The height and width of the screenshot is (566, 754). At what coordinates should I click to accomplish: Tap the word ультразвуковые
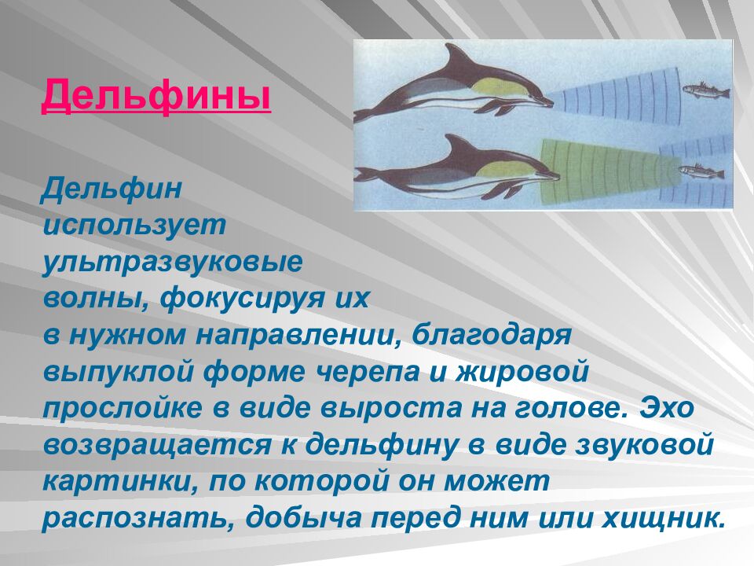point(173,263)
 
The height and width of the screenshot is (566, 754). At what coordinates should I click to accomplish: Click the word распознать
point(136,520)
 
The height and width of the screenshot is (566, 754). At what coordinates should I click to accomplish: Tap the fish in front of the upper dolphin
point(704,91)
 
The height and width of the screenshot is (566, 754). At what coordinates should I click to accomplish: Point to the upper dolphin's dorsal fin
point(453,57)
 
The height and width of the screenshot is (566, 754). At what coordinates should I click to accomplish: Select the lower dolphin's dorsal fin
point(456,144)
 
